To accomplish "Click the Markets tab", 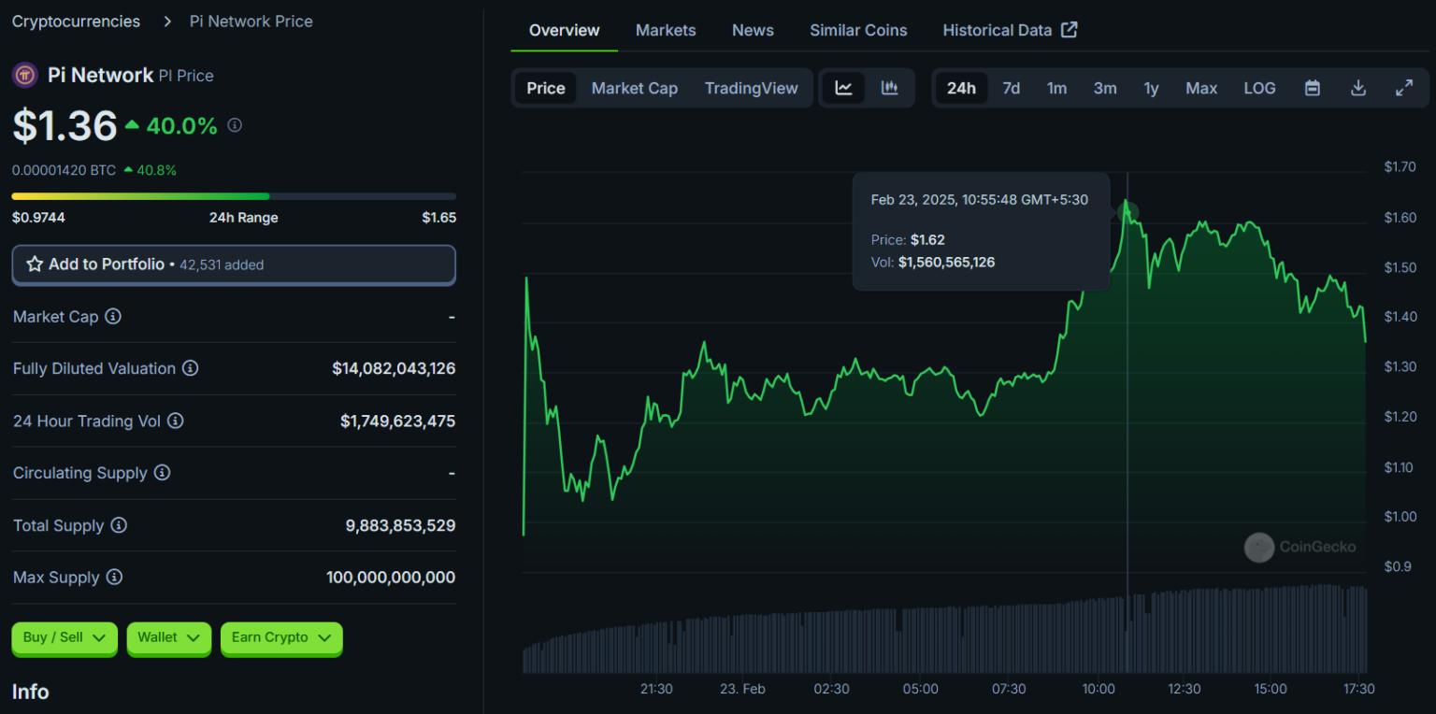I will coord(666,30).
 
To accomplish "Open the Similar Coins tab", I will coord(858,30).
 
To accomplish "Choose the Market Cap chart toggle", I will coord(634,88).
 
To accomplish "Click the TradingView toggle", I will coord(751,88).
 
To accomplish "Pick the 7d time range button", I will coord(1011,88).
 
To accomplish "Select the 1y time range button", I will coord(1151,88).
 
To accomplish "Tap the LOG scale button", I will coord(1259,88).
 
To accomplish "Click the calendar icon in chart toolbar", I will coord(1313,88).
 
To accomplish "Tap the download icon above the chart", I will coord(1358,88).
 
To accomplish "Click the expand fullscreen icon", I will coord(1404,88).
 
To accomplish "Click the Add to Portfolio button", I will coord(234,264).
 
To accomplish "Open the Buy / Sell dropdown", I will coord(65,638).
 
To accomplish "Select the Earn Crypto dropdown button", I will coord(281,638).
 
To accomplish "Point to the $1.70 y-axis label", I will coord(1400,167).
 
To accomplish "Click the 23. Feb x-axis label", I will coord(742,689).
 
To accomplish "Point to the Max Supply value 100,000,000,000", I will coord(391,578).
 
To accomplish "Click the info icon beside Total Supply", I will coord(119,525).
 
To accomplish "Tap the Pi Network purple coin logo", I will coord(25,75).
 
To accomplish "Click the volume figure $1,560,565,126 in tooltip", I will coord(946,263).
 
